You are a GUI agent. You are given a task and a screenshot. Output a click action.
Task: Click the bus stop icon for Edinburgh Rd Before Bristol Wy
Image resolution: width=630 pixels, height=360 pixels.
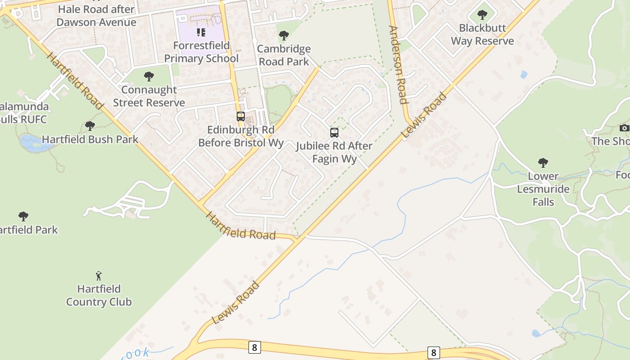pos(241,117)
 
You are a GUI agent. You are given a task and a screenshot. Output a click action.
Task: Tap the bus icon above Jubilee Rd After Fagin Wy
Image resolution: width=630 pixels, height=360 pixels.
pos(334,133)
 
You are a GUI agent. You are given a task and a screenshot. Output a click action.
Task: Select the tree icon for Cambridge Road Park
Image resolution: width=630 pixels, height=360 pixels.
pos(283,35)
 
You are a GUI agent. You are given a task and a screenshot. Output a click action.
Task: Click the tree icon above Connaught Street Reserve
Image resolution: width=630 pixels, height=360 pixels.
pos(148,76)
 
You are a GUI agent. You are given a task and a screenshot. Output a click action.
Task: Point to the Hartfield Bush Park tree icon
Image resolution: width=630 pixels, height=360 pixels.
pos(90,126)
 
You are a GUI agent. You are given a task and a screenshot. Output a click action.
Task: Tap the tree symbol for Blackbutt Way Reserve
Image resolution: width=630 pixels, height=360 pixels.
pos(482,15)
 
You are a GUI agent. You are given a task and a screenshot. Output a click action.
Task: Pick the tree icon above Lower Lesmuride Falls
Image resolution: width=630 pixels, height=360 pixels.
pos(543,162)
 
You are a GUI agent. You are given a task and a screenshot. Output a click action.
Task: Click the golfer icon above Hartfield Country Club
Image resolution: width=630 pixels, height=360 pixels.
pos(99,275)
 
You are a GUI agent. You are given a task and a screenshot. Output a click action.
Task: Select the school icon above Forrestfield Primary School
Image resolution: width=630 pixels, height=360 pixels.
pos(201,32)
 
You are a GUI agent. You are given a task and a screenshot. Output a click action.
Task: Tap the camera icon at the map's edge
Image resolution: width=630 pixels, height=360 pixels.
pos(624,128)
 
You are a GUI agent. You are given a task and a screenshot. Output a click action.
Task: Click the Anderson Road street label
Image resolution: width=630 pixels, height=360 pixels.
pos(398,65)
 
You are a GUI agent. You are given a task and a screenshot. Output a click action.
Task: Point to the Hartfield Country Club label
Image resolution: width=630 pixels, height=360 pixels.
pos(99,295)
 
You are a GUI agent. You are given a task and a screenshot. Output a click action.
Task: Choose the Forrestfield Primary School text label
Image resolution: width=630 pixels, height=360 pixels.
pos(201,52)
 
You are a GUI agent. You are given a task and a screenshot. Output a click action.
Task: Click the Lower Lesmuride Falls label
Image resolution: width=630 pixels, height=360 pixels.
pos(543,189)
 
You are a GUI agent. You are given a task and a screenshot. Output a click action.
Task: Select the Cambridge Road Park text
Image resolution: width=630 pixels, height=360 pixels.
pos(284,55)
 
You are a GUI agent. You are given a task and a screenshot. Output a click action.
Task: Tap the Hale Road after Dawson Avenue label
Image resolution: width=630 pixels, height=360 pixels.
pos(96,16)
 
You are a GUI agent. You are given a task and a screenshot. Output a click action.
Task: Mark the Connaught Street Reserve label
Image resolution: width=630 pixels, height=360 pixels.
pos(149,96)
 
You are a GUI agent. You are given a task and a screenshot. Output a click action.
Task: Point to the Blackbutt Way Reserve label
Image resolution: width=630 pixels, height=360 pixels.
pos(482,34)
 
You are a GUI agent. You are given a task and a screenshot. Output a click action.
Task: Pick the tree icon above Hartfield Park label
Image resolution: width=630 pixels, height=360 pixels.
pos(23,216)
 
